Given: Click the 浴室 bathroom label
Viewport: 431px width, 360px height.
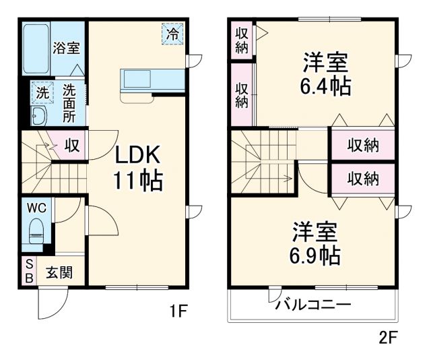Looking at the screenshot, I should point(67,49).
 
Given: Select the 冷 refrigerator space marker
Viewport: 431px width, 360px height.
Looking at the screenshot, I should point(172,34).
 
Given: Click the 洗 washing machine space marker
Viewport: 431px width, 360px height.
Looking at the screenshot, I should point(42,92).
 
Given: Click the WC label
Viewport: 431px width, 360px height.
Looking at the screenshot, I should point(37,208).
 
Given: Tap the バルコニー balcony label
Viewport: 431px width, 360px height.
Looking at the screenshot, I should point(312,305).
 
